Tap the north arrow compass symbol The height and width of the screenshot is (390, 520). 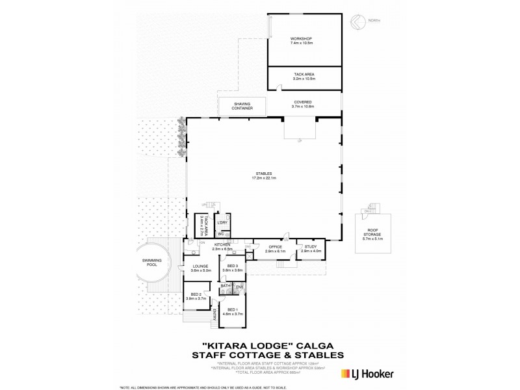(356, 21)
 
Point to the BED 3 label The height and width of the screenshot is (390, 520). (232, 266)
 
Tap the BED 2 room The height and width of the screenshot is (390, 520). (195, 296)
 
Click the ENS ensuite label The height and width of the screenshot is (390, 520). (239, 286)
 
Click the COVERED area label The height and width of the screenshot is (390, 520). (302, 102)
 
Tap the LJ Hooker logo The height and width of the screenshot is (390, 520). (367, 374)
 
